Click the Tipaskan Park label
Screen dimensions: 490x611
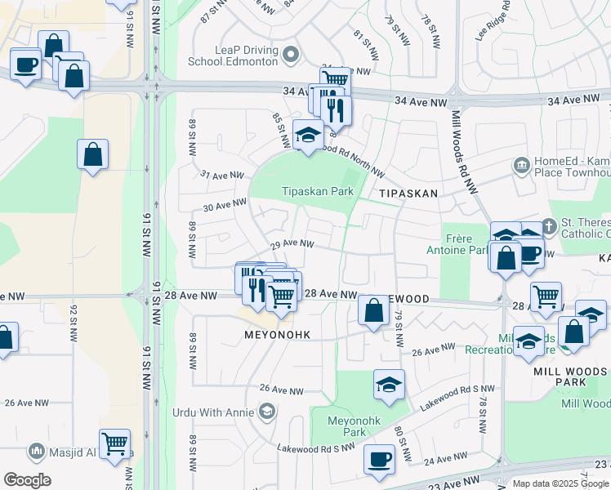[x=318, y=191]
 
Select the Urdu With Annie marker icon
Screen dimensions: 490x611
[x=265, y=411]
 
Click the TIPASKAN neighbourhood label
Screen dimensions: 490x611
[x=408, y=193]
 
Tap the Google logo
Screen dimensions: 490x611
[x=27, y=480]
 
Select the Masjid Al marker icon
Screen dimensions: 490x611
[x=36, y=450]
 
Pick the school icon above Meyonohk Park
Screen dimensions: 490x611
[x=389, y=384]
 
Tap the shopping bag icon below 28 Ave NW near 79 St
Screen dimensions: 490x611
[x=373, y=310]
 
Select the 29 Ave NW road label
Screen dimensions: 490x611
[x=292, y=243]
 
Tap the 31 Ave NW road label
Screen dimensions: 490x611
[x=223, y=175]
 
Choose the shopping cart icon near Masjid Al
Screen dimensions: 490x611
[x=114, y=443]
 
